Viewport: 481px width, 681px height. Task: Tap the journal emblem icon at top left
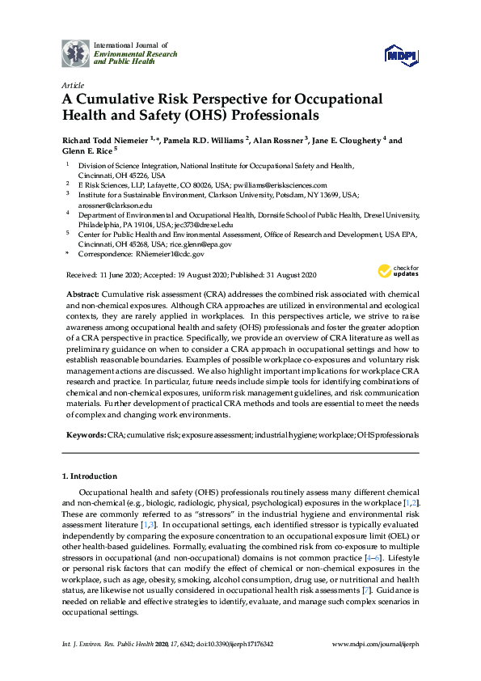(x=77, y=53)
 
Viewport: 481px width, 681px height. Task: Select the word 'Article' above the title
(x=73, y=84)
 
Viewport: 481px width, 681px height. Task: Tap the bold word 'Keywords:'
(x=86, y=435)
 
